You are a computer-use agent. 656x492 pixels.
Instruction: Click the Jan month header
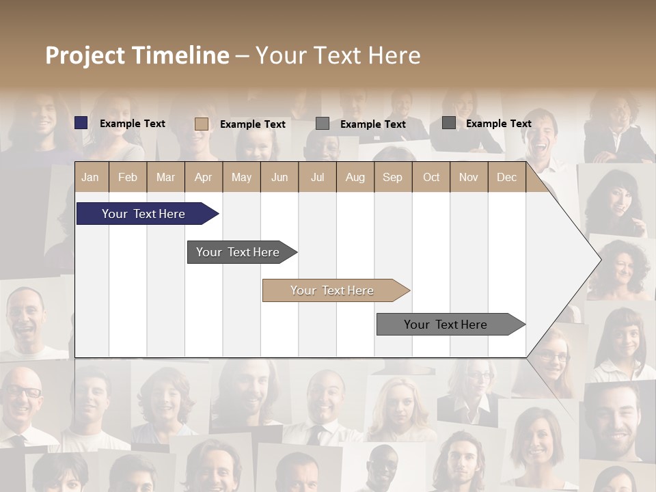(90, 177)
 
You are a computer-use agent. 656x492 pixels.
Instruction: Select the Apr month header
(203, 177)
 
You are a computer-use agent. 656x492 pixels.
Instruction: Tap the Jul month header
(317, 177)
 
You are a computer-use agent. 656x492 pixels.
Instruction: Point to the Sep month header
(392, 177)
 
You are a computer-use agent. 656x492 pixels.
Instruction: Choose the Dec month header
(506, 177)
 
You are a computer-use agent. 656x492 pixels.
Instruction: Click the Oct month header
(431, 177)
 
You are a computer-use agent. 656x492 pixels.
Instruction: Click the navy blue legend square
(81, 123)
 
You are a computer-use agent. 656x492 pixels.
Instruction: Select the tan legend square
(202, 124)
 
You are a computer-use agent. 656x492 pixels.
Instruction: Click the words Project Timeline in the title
(137, 55)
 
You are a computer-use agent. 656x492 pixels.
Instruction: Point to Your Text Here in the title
(338, 55)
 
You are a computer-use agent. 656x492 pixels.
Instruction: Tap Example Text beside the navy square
(133, 124)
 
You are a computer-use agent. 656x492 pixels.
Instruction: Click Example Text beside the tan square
(253, 124)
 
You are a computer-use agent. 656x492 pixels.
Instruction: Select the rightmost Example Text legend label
(499, 124)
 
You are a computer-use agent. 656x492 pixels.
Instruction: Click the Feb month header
(128, 177)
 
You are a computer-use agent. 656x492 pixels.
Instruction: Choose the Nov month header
(469, 177)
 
